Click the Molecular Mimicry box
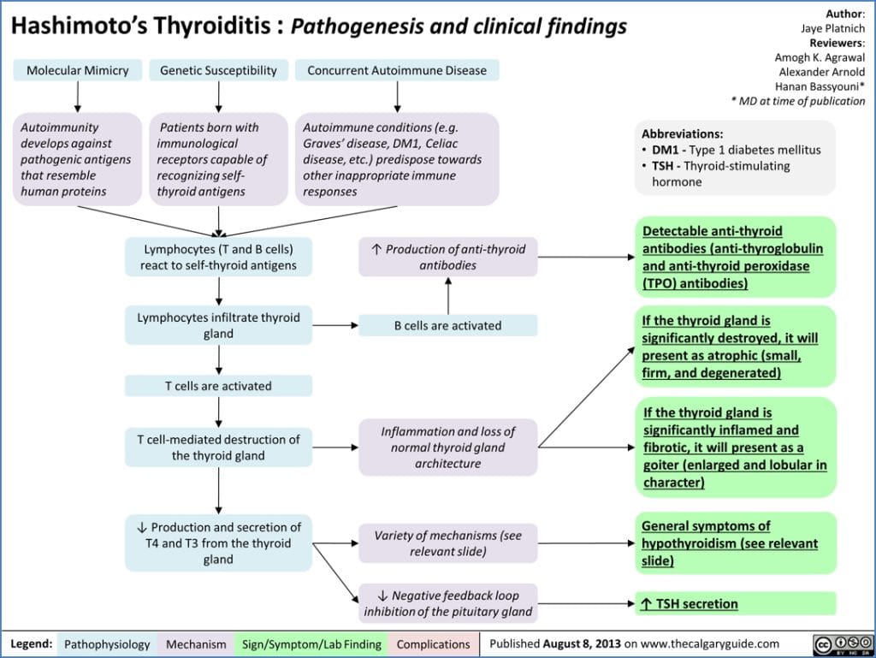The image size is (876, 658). click(x=78, y=70)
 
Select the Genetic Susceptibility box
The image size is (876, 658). click(x=219, y=70)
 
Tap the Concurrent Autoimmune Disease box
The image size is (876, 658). click(x=397, y=70)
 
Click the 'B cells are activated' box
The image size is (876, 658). click(x=447, y=325)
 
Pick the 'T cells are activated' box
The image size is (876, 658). click(x=218, y=386)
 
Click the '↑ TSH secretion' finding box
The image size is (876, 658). click(x=736, y=603)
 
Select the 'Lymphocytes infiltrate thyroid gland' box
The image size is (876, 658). click(x=218, y=325)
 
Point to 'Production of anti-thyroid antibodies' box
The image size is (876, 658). click(x=448, y=257)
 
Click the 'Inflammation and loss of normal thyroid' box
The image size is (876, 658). click(x=448, y=448)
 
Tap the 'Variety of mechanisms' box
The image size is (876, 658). click(x=448, y=543)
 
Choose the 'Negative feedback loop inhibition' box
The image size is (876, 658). click(x=448, y=603)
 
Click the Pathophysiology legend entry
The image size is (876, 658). click(x=108, y=643)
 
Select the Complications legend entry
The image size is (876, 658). click(x=433, y=643)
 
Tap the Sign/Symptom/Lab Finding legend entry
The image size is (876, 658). click(x=311, y=643)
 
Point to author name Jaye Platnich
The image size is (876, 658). click(x=832, y=28)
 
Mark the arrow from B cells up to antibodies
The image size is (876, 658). click(x=448, y=296)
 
